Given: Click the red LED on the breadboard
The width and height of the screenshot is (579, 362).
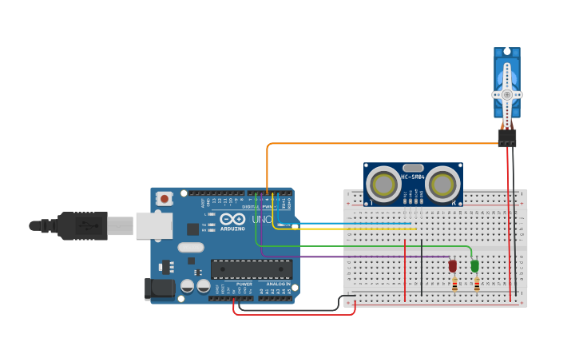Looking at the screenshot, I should [452, 265].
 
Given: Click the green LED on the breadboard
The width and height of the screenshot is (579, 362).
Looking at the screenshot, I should [474, 265].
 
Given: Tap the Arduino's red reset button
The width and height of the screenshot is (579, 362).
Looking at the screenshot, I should [164, 198].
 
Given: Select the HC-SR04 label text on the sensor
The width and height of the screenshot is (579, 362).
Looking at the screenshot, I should [413, 177].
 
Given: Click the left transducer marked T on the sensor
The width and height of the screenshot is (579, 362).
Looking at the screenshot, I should [384, 185].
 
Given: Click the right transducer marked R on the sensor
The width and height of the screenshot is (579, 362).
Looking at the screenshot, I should [442, 185].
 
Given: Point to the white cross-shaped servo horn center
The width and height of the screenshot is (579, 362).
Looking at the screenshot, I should [506, 93].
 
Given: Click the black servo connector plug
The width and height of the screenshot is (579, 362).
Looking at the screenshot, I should [507, 137].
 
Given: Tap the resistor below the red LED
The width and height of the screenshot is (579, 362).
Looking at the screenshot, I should [454, 284].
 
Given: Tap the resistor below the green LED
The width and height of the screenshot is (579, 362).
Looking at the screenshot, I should [477, 284].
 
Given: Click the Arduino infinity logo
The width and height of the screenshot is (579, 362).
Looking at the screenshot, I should [232, 219].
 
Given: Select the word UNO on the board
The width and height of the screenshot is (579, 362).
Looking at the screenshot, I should [262, 219].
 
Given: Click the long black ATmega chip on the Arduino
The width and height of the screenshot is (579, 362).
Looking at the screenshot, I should [251, 269].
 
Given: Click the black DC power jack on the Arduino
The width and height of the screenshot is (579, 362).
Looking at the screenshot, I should [158, 288].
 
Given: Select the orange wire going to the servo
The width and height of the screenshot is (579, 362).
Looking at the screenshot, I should [383, 144].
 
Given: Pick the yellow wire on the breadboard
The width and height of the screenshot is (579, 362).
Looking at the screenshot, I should [351, 229].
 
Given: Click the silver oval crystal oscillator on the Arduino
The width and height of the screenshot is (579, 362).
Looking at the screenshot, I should [191, 248].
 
